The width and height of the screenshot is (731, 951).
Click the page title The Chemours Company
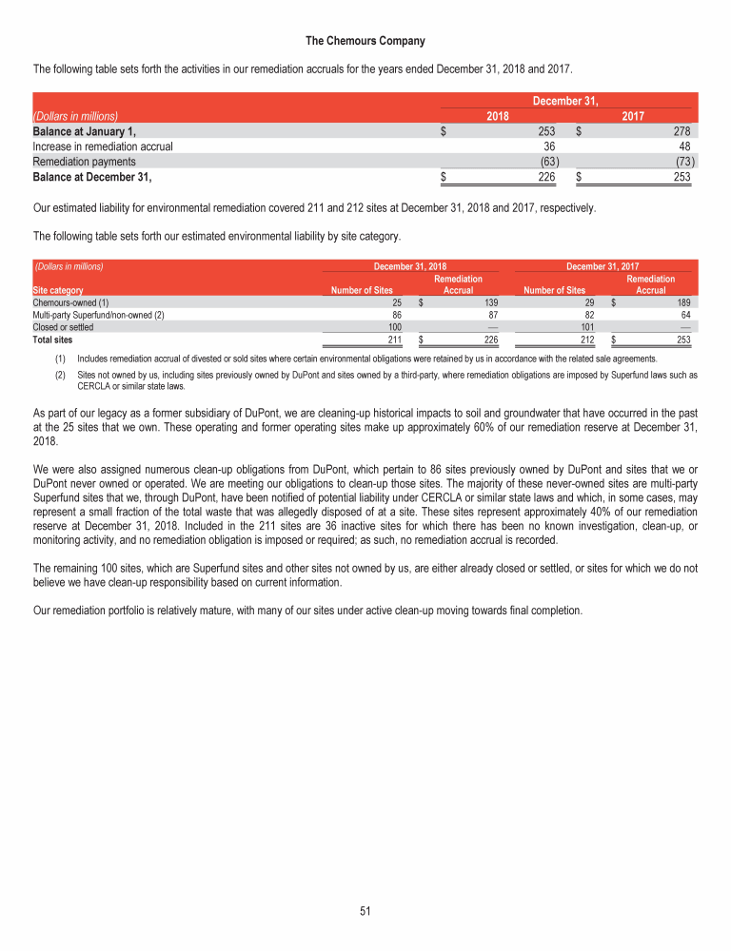pos(365,41)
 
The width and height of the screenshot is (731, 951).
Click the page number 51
pos(365,910)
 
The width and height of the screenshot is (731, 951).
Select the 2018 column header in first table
pos(497,115)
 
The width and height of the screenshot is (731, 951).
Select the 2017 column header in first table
pos(633,115)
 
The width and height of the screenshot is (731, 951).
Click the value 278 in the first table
pos(682,131)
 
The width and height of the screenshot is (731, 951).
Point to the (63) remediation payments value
pos(544,162)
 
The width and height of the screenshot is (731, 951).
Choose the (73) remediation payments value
pos(682,162)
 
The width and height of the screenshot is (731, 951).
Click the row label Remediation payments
pos(84,162)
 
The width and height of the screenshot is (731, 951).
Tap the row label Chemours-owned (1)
pos(71,302)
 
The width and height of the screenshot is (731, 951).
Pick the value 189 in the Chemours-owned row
pos(682,302)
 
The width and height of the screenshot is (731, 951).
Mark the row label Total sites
pos(53,338)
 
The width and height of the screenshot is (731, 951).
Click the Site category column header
pos(57,290)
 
